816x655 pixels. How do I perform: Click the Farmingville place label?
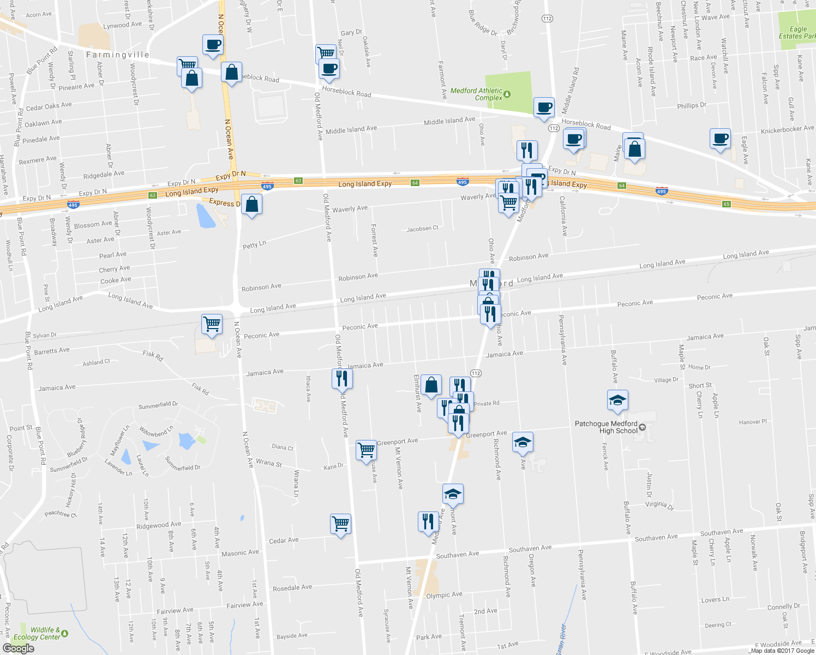pyautogui.click(x=117, y=55)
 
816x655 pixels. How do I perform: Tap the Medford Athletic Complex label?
pyautogui.click(x=477, y=94)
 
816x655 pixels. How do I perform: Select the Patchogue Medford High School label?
pyautogui.click(x=606, y=427)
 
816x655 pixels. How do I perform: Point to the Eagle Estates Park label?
pyautogui.click(x=797, y=33)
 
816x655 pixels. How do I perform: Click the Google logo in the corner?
pyautogui.click(x=18, y=648)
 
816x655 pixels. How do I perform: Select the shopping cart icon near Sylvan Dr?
pyautogui.click(x=212, y=324)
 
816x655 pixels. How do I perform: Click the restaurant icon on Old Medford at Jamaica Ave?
pyautogui.click(x=342, y=378)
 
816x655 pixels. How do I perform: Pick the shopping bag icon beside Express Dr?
pyautogui.click(x=251, y=205)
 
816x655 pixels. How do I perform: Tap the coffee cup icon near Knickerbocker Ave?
pyautogui.click(x=720, y=139)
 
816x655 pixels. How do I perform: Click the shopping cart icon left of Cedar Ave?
pyautogui.click(x=341, y=524)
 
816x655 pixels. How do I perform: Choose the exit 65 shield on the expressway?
pyautogui.click(x=726, y=204)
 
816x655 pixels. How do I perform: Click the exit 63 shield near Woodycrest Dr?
pyautogui.click(x=153, y=195)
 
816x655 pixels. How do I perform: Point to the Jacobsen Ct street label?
pyautogui.click(x=422, y=229)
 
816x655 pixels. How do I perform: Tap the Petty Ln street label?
pyautogui.click(x=254, y=245)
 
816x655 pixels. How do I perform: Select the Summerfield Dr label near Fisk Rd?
pyautogui.click(x=158, y=405)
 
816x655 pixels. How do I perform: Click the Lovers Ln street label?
pyautogui.click(x=715, y=600)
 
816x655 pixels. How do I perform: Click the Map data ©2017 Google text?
pyautogui.click(x=782, y=651)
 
